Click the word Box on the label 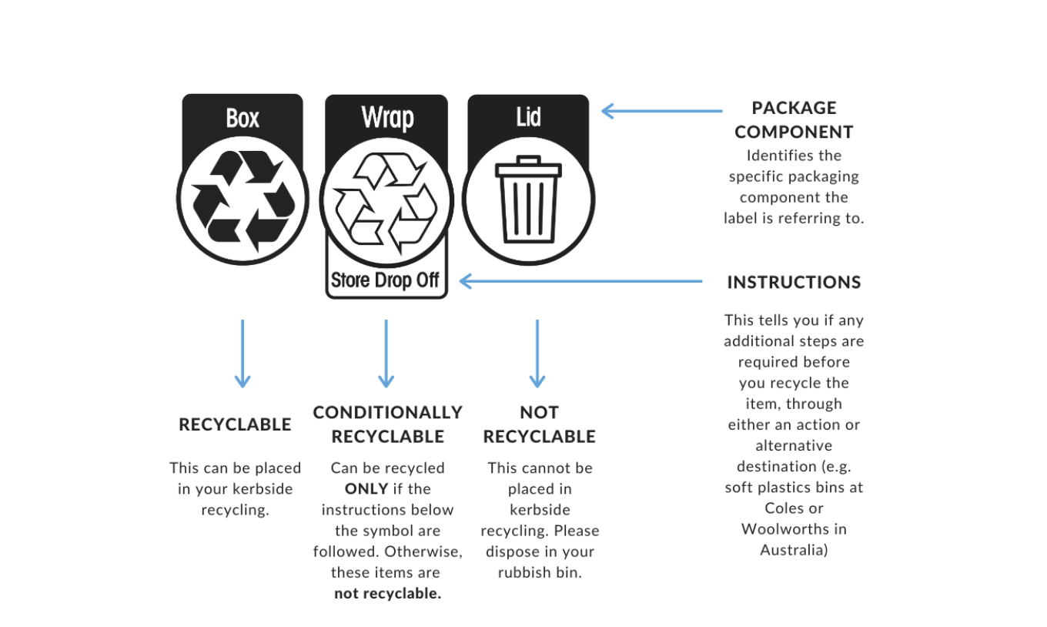(x=242, y=118)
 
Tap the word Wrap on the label (x=387, y=117)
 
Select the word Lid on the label (x=528, y=117)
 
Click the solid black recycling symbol (x=243, y=200)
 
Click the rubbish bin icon (x=528, y=199)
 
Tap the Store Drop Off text (x=385, y=280)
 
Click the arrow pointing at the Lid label (x=662, y=111)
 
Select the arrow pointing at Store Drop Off (x=581, y=281)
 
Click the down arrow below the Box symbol (x=242, y=354)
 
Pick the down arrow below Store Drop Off (x=386, y=354)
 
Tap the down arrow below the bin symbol (x=537, y=354)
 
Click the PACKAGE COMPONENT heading (x=794, y=119)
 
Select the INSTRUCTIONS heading (x=794, y=283)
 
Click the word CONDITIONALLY (x=387, y=412)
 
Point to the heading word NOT (x=540, y=412)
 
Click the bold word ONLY (x=366, y=488)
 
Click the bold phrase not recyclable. (x=387, y=593)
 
